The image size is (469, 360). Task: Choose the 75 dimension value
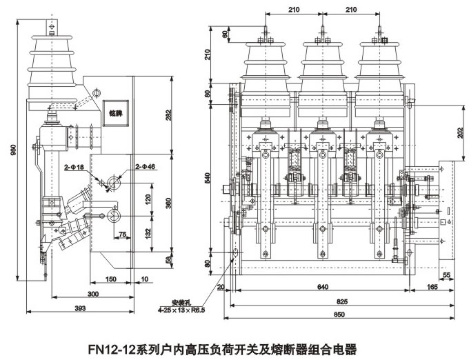click(121, 234)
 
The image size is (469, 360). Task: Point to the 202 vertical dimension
click(460, 132)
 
